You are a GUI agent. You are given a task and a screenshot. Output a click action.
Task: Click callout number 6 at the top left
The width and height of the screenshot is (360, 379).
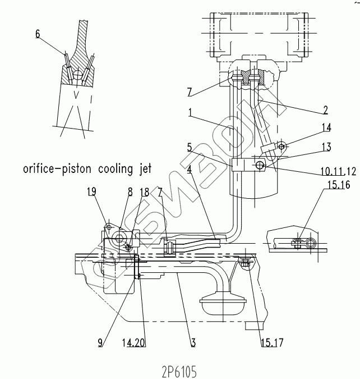tap(37, 34)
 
